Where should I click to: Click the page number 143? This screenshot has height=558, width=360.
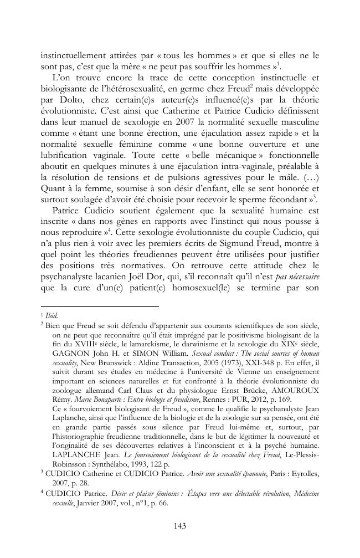(x=179, y=526)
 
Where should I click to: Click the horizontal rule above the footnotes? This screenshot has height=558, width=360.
(x=100, y=305)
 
